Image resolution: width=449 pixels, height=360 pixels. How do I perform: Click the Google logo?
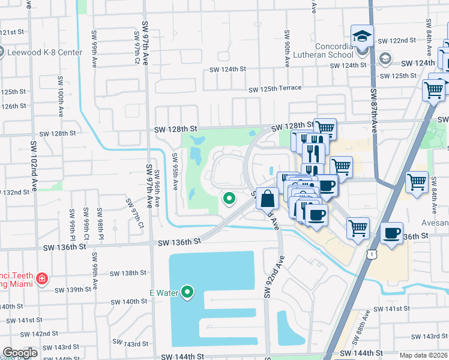click(x=20, y=353)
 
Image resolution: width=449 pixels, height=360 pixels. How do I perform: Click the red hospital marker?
click(x=41, y=278)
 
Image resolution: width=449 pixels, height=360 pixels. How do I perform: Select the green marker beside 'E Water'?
click(x=188, y=292)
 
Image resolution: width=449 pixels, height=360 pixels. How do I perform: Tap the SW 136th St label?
click(x=179, y=242)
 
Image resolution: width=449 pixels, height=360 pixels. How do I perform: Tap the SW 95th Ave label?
click(x=175, y=171)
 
